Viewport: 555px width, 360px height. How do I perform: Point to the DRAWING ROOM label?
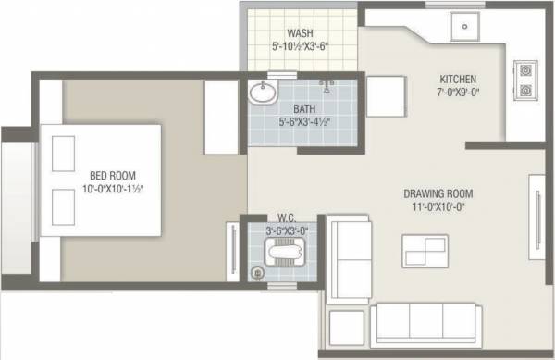coord(438,194)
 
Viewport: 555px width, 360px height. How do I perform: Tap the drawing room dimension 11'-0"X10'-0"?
coord(438,209)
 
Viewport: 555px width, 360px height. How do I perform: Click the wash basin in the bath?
coord(262,93)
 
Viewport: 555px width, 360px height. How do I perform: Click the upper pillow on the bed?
coord(63,151)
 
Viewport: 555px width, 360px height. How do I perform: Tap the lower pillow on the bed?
coord(63,204)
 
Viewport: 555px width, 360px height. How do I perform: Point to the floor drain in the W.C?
coord(258,272)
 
